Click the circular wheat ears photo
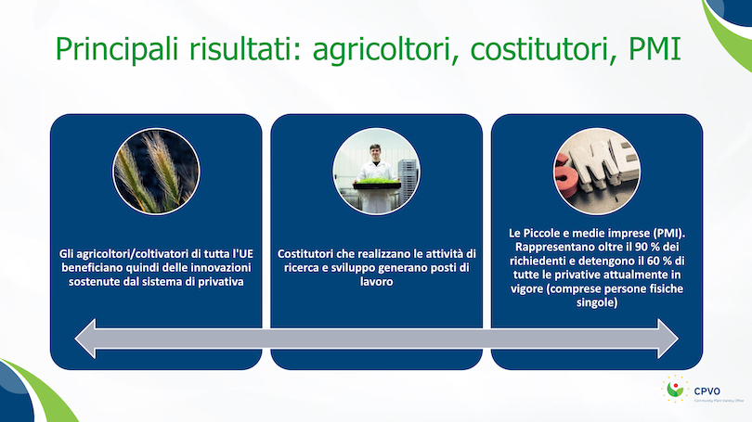pos(156,172)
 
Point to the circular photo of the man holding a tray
pos(377,172)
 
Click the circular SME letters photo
pos(597,172)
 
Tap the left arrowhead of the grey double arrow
pos(85,339)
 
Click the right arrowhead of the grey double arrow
pos(668,339)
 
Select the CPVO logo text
pos(707,391)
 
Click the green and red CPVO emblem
pos(675,389)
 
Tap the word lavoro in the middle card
pos(377,282)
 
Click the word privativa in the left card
pos(221,282)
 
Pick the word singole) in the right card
pos(597,302)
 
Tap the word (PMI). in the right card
pos(669,234)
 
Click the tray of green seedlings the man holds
pos(377,184)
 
